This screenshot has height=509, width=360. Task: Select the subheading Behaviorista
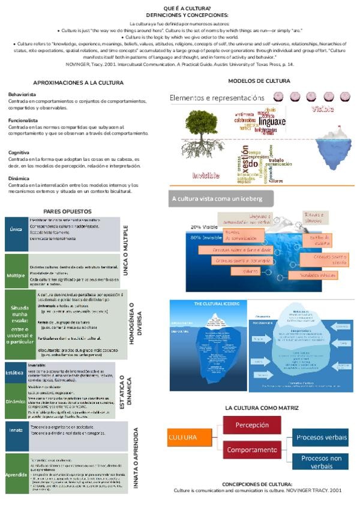tap(22, 95)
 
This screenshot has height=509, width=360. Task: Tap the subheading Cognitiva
tap(20, 152)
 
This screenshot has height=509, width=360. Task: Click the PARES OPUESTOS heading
tap(67, 211)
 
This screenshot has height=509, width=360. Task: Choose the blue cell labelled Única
tap(16, 230)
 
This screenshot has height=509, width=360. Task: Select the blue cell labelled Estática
tap(14, 373)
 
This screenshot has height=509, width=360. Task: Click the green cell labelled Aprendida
tap(16, 474)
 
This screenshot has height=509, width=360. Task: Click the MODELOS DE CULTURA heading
tap(259, 81)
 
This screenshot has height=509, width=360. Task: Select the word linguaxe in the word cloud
tap(272, 122)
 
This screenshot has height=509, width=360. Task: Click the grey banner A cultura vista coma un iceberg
tap(220, 199)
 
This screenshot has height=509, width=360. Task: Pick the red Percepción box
tap(251, 425)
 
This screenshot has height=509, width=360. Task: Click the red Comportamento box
tap(251, 449)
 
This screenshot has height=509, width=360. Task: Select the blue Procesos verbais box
tap(322, 438)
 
